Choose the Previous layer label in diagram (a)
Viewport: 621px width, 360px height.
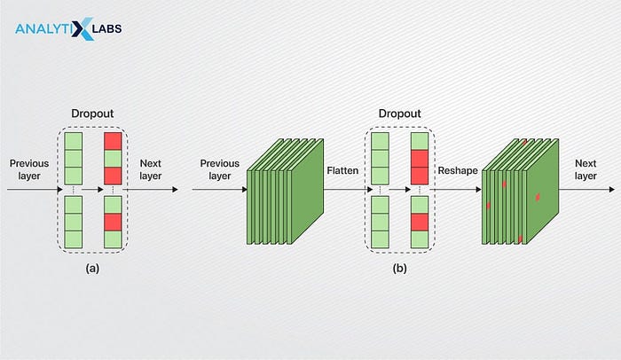29,169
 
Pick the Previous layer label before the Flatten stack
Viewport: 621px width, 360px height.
221,169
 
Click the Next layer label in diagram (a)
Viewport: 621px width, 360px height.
153,169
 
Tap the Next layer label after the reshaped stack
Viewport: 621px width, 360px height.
586,169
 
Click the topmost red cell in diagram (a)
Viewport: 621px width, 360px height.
114,142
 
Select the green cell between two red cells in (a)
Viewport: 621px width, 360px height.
114,157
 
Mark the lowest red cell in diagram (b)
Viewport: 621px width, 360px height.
420,222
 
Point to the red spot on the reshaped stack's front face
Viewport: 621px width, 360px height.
538,197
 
